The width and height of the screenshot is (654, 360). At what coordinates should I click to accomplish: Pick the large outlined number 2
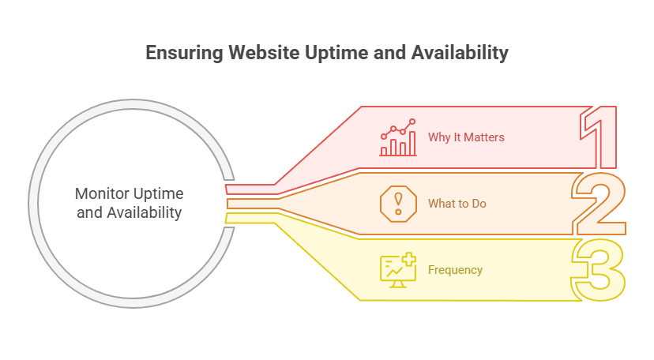(598, 203)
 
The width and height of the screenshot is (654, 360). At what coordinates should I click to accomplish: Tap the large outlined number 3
(598, 269)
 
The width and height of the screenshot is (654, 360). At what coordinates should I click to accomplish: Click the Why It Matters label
(466, 137)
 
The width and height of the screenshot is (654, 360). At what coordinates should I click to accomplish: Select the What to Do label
(457, 204)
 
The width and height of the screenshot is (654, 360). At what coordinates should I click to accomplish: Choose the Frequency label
(455, 270)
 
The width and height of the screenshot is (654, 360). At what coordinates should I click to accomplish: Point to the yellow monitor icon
(397, 270)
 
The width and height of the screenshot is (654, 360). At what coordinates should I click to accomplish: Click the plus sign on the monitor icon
(409, 259)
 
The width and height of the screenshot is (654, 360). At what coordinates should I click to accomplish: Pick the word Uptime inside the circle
(156, 194)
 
